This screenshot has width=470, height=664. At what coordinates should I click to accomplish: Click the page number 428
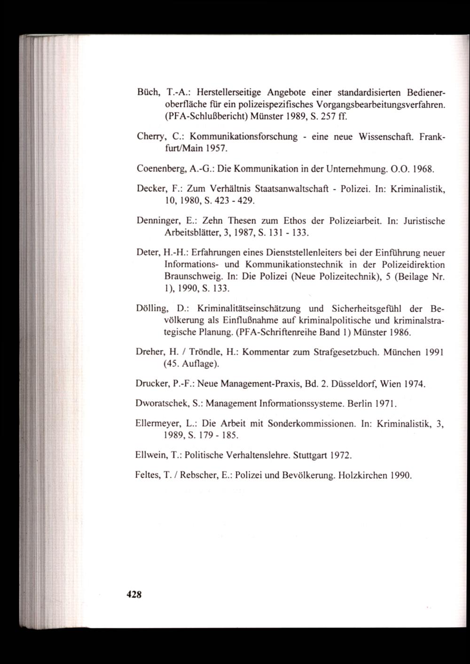tap(134, 593)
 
